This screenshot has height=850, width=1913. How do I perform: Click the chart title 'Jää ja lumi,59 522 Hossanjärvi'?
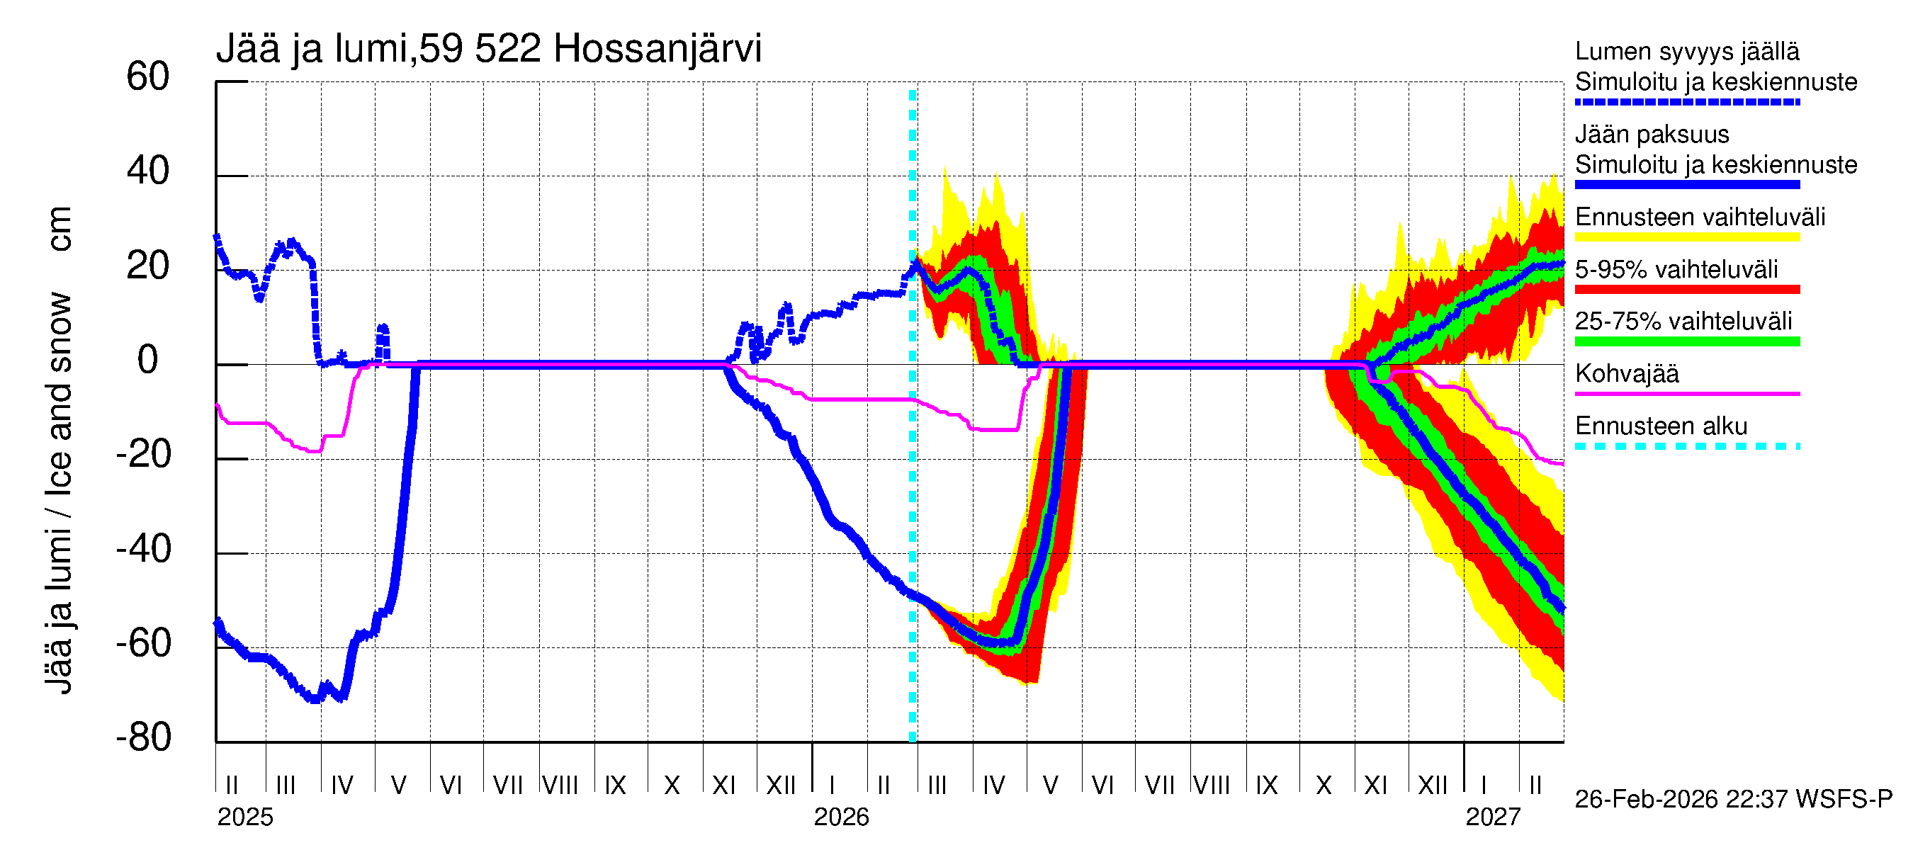[489, 49]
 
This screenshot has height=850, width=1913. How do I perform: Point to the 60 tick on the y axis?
[148, 76]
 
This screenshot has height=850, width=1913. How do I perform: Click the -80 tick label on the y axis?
[143, 737]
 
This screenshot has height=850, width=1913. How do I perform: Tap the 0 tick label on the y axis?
[148, 360]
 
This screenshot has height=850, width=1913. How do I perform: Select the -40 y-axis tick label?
[143, 550]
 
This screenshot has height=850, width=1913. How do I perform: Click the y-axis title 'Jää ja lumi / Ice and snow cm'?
[59, 450]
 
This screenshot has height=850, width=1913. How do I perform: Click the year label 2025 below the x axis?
[245, 817]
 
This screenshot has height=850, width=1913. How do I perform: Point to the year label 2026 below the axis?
[842, 817]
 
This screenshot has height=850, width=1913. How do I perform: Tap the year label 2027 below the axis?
[1493, 817]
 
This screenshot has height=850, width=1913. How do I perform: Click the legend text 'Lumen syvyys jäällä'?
[1687, 51]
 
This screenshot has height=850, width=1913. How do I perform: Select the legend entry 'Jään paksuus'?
[1652, 135]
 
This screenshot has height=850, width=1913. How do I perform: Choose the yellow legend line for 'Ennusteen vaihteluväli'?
[1687, 237]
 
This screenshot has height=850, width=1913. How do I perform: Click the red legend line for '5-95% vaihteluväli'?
[1687, 290]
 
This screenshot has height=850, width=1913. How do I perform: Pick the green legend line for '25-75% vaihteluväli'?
[1687, 341]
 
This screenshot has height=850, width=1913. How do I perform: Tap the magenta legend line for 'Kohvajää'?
[1687, 393]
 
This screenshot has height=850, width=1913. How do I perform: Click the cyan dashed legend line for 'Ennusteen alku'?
[1687, 446]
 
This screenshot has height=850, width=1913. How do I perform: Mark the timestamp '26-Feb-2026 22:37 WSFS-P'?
[1733, 799]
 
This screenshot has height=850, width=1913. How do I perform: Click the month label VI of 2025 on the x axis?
[451, 786]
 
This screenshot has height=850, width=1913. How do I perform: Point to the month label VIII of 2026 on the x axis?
[1212, 786]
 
